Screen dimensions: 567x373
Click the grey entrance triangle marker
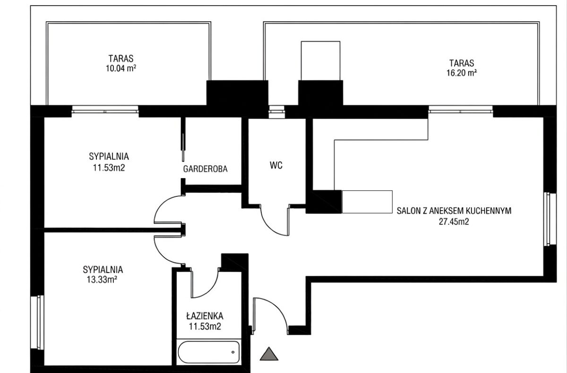(x=269, y=354)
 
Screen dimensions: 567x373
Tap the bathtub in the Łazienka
(x=209, y=352)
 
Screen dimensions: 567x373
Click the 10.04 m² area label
(x=121, y=68)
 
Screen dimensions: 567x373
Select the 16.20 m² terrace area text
(x=462, y=73)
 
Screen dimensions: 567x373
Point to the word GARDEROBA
(x=205, y=169)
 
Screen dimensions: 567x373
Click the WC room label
(x=276, y=165)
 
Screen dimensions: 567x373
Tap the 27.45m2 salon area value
(x=454, y=222)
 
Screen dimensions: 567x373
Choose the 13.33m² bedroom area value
(x=102, y=280)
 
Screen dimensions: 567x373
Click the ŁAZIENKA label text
(x=205, y=315)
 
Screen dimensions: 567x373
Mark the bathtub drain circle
(x=233, y=352)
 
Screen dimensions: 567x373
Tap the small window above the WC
(x=276, y=112)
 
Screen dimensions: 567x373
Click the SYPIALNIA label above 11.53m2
(x=109, y=156)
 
